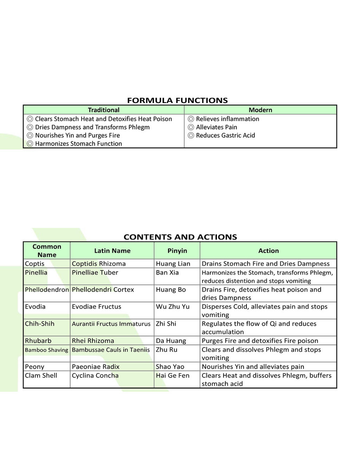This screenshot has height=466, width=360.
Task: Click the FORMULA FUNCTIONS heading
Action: tap(177, 100)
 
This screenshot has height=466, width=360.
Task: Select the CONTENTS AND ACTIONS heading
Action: tap(180, 237)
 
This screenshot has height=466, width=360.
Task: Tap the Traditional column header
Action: tap(104, 110)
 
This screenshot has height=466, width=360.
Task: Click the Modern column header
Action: tap(260, 110)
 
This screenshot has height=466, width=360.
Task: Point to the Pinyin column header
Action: tap(177, 251)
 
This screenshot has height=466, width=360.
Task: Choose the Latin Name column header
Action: tap(112, 251)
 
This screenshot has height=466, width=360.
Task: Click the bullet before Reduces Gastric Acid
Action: tap(191, 135)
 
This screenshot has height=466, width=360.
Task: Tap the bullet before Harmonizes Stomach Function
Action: tap(30, 144)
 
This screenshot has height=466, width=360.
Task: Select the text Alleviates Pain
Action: tap(216, 127)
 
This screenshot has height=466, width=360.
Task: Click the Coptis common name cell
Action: tap(35, 264)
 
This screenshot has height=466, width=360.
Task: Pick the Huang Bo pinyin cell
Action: tap(171, 290)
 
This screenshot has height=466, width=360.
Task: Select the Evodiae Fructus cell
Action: tap(96, 307)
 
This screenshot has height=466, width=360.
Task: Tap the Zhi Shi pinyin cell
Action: tap(166, 324)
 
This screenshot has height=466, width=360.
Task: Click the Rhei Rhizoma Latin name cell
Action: tap(93, 341)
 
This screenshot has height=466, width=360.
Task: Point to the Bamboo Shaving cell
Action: tap(46, 350)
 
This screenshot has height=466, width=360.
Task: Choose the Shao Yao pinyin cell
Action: tap(170, 367)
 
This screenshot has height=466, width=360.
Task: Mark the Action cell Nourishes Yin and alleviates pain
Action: tap(253, 367)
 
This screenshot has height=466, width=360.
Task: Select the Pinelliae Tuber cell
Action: tap(95, 272)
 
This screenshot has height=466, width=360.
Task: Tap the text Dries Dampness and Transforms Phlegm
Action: tap(92, 127)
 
